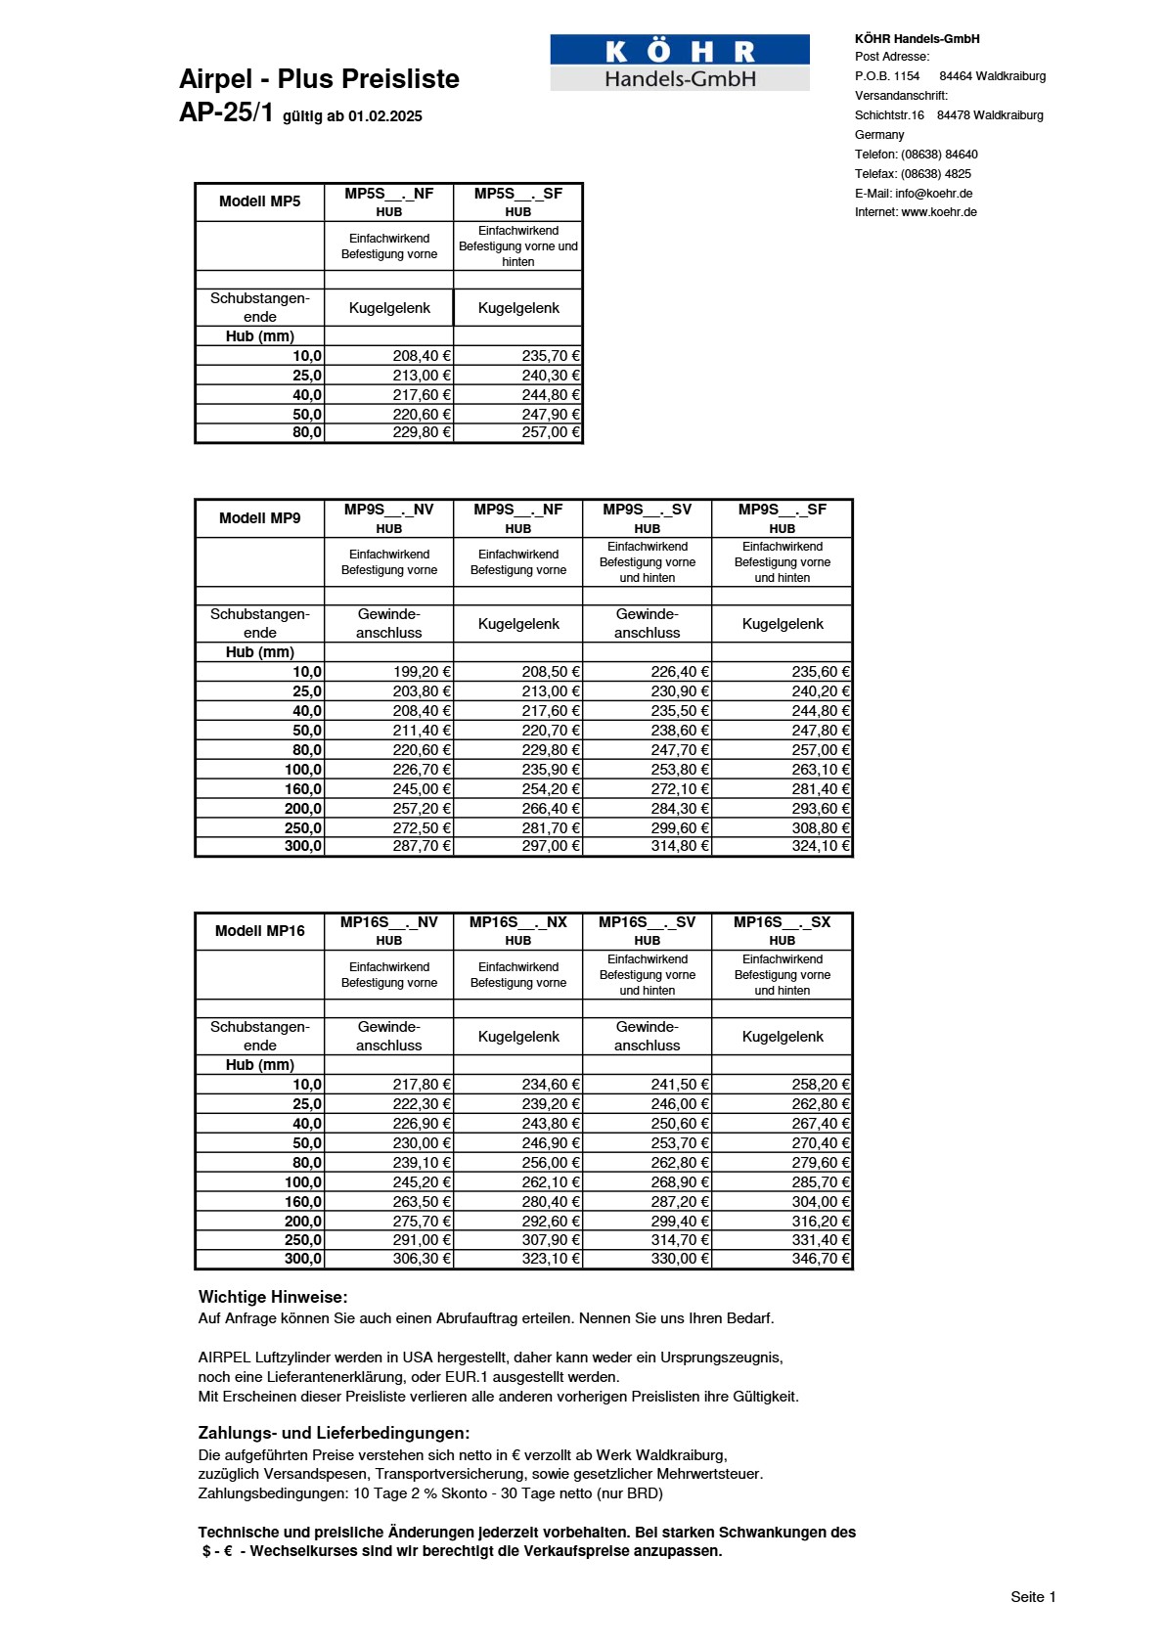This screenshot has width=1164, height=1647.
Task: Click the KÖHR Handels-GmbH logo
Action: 680,64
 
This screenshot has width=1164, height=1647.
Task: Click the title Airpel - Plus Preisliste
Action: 319,79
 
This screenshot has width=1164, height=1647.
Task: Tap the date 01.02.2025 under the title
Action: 385,116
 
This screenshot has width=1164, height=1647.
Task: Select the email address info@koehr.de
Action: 933,194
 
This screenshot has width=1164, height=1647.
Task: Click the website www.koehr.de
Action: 938,212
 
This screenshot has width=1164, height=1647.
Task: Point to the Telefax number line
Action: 913,174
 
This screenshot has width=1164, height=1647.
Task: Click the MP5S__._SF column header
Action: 518,195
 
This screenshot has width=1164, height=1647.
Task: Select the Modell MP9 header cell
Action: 260,518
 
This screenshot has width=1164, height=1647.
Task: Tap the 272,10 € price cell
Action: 679,789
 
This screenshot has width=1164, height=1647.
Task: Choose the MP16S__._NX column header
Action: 518,922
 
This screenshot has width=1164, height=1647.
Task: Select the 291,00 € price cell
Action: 422,1240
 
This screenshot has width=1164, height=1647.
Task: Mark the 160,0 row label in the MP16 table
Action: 303,1202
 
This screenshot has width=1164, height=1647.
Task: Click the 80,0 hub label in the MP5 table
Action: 307,432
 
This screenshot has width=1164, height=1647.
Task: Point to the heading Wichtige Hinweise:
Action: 273,1297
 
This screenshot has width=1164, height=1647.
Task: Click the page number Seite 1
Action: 1033,1597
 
